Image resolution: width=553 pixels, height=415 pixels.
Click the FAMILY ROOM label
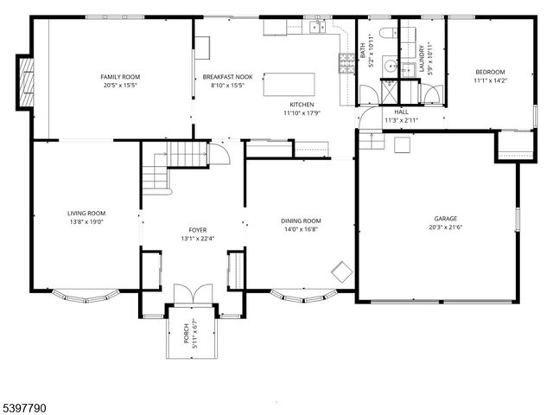[x=120, y=76]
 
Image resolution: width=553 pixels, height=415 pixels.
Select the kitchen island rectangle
[x=289, y=84]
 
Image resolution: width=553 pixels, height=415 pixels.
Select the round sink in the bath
[x=388, y=65]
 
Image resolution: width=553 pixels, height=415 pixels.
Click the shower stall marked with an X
[x=388, y=91]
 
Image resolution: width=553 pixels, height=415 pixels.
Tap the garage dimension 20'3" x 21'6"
[x=446, y=228]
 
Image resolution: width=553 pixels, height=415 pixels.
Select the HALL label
[x=402, y=112]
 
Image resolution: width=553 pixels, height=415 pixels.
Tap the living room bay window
[x=84, y=297]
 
